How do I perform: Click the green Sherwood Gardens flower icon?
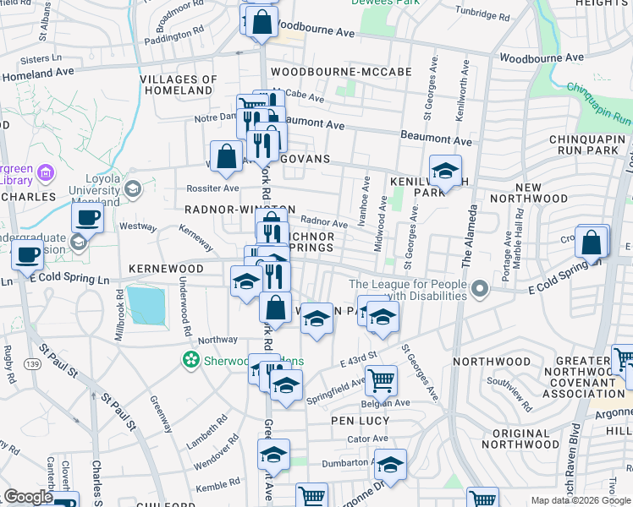(190, 360)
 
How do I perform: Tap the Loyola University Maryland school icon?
(133, 189)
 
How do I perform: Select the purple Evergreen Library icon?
(46, 173)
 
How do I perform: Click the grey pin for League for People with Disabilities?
(481, 290)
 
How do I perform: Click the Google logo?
(28, 498)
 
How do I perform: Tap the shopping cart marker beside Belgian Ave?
(382, 380)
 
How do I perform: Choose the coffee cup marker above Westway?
(88, 217)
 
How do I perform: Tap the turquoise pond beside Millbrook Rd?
(147, 305)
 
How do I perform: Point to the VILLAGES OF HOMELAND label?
(176, 84)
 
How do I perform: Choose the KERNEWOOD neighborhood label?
(167, 268)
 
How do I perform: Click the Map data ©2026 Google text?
(580, 499)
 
